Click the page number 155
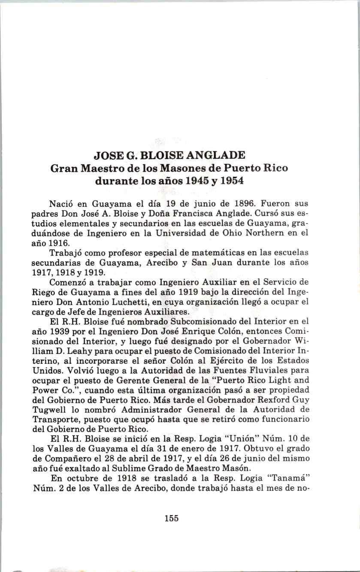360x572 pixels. pos(171,518)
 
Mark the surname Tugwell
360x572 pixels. pos(48,409)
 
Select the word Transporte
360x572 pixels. pos(53,419)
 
